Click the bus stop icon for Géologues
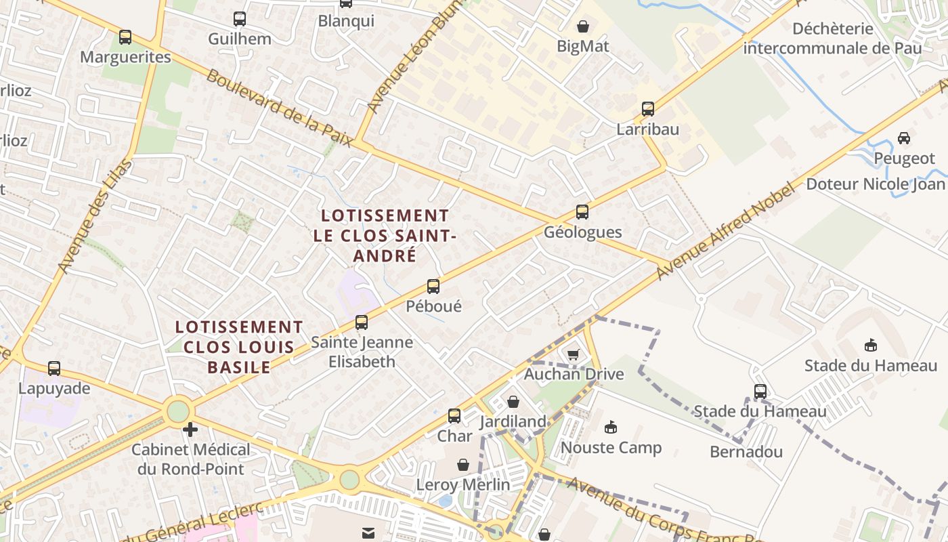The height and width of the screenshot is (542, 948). pos(582,212)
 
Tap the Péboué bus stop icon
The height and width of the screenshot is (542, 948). pos(433,287)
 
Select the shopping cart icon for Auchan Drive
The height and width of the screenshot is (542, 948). pos(574,354)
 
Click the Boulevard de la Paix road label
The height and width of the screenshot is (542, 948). pos(279,108)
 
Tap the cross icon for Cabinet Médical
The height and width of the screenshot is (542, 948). pos(191,429)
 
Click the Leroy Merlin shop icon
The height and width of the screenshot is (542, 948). pos(463,465)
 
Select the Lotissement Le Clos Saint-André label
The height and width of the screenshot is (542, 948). pos(385,235)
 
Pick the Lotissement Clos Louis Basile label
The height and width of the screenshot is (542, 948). pos(239,347)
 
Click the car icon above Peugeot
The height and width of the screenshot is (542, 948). pos(904,138)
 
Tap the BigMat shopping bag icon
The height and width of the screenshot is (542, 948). pos(583,26)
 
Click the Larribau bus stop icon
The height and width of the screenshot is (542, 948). pos(648,108)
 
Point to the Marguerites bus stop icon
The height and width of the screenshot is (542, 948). pos(125,37)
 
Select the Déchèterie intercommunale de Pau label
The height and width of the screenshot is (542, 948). pos(833,39)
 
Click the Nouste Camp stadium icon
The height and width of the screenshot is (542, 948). pos(611,427)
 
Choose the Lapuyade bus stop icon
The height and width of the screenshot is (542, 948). pos(54,369)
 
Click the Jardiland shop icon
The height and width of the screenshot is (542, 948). pos(513,402)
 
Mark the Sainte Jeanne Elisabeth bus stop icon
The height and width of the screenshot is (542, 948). pos(362,322)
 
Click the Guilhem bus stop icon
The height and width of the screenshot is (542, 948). pos(240,19)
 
